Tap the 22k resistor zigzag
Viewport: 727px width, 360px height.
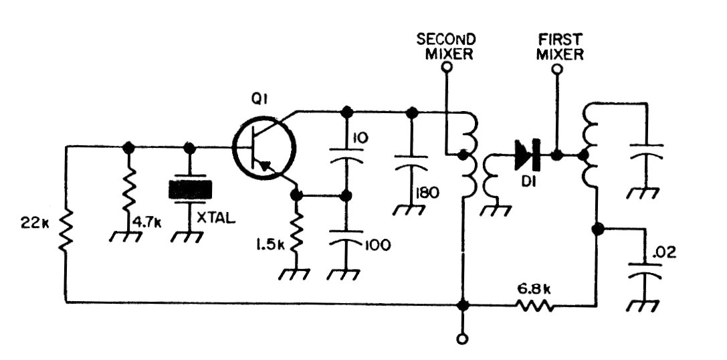[x=66, y=231]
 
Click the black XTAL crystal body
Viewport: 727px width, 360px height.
[x=190, y=189]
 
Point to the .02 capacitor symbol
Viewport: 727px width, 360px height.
[x=644, y=271]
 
